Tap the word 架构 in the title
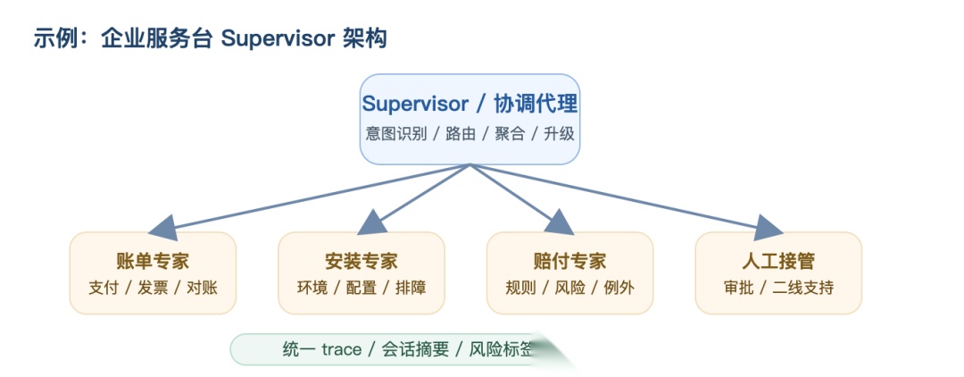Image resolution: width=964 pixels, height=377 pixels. (364, 39)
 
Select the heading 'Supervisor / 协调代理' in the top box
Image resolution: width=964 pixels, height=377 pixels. (470, 104)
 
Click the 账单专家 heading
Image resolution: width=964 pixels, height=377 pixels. (153, 261)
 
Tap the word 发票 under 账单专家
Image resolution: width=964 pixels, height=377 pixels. (153, 289)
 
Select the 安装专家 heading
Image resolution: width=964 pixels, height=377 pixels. (361, 261)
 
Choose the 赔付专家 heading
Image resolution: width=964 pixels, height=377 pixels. (569, 261)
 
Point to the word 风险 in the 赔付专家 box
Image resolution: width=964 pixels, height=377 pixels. (569, 289)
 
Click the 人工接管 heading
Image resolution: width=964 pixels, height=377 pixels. (777, 261)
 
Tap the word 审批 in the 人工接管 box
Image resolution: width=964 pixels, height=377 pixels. (739, 289)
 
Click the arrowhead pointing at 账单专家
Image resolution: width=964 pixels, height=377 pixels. (161, 225)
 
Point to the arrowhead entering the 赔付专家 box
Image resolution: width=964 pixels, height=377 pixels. (560, 222)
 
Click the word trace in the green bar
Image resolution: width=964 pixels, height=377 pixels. (341, 349)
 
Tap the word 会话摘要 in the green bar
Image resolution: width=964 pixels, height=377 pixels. (415, 349)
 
